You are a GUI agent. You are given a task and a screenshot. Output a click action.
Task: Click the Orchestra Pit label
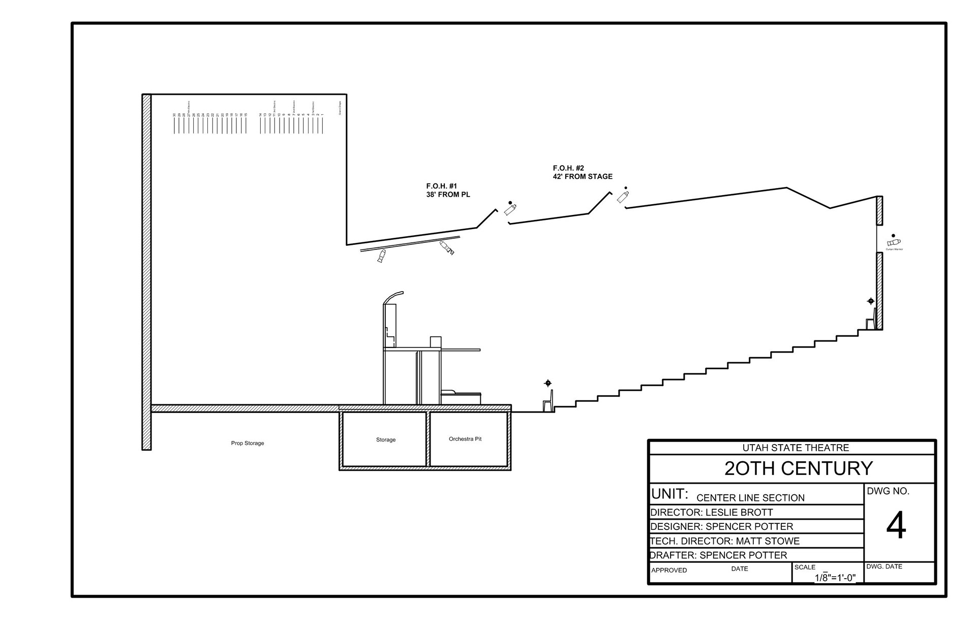[x=465, y=439]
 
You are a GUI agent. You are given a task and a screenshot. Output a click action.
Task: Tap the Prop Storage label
[x=248, y=443]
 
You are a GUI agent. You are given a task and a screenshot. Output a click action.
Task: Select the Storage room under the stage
[x=385, y=439]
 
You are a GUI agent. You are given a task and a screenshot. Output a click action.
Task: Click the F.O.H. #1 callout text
[x=448, y=191]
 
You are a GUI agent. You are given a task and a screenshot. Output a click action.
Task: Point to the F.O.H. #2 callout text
[x=583, y=172]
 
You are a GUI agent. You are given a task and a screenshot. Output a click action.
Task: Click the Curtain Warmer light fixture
[x=894, y=242]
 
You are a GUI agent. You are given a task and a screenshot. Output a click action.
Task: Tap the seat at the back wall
[x=871, y=321]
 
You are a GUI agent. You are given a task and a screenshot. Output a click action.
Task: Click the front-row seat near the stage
[x=548, y=402]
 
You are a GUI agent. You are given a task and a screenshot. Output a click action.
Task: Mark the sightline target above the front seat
[x=547, y=383]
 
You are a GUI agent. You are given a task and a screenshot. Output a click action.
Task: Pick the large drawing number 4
[x=896, y=526]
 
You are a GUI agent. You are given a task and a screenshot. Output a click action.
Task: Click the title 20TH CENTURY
[x=798, y=468]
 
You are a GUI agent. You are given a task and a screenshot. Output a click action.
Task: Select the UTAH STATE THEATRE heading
[x=796, y=448]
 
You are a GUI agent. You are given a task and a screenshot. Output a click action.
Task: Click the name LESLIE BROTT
[x=739, y=512]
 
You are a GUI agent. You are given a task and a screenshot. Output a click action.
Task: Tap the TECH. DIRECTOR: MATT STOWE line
[x=725, y=541]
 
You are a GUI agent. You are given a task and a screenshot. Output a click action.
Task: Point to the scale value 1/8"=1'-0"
[x=835, y=578]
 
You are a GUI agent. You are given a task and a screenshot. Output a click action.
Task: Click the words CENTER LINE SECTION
[x=750, y=498]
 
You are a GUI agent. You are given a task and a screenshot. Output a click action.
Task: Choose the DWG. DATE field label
[x=884, y=566]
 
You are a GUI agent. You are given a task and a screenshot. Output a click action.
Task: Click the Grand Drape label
[x=340, y=108]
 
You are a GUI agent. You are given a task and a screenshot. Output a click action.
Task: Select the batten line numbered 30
[x=174, y=124]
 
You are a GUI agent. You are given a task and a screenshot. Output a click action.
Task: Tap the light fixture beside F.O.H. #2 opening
[x=623, y=196]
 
